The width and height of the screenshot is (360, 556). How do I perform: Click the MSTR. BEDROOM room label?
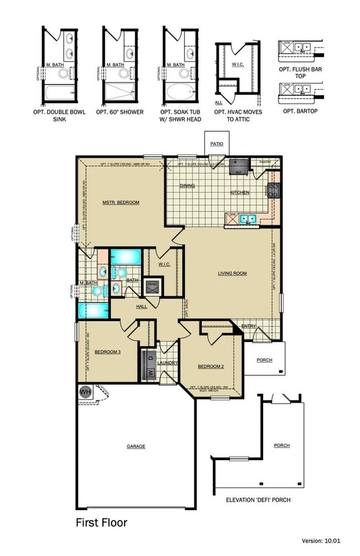[121, 203]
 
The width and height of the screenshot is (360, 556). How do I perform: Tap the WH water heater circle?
[85, 392]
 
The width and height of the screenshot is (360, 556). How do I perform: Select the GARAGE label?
[136, 446]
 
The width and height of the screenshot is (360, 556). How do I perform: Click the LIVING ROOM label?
[232, 273]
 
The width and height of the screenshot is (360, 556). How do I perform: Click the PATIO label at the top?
[217, 144]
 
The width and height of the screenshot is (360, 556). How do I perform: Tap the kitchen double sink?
[247, 218]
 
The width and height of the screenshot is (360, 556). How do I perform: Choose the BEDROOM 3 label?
[107, 352]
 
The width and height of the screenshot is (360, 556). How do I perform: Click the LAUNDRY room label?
[167, 363]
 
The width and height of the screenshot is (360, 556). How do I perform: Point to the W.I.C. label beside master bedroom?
[164, 264]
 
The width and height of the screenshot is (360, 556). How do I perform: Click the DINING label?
[187, 186]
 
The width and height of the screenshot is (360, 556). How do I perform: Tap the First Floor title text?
[101, 522]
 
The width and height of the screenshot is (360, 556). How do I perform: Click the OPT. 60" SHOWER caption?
[120, 112]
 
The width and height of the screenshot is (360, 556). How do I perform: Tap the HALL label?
[142, 306]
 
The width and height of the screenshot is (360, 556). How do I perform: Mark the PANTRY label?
[265, 162]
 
